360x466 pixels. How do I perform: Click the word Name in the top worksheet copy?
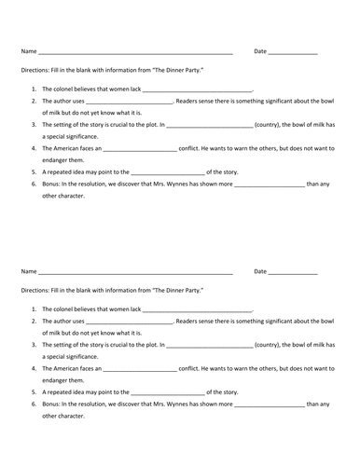(28, 50)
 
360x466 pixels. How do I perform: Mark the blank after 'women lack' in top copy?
(198, 87)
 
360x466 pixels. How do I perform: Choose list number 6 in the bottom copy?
(35, 404)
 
